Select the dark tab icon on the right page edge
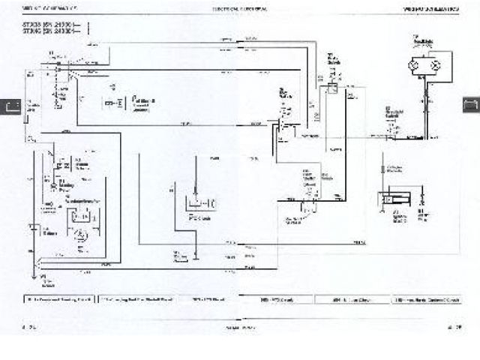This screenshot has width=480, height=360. (472, 105)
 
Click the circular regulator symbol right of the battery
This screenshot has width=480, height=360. (81, 235)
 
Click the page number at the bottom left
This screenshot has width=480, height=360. (30, 326)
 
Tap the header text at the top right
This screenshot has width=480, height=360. (437, 7)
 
